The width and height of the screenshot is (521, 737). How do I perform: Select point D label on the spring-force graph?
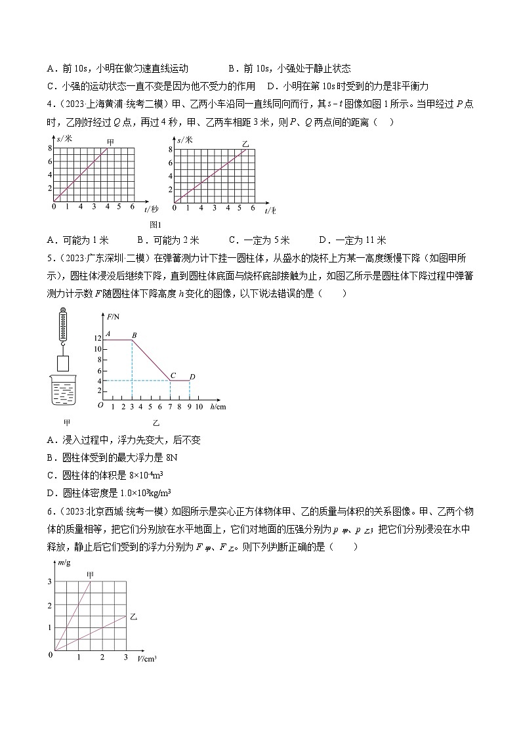click(192, 375)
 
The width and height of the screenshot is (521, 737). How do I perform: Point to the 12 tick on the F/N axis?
click(97, 339)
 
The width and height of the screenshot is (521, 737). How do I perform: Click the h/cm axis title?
click(219, 407)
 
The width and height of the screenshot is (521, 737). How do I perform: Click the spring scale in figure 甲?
click(63, 324)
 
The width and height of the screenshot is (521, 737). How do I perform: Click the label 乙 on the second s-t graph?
click(245, 143)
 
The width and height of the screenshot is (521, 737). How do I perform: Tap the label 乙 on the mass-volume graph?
click(133, 617)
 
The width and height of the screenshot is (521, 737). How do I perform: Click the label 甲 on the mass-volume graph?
click(90, 575)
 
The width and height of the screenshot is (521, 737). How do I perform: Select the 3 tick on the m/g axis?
click(49, 581)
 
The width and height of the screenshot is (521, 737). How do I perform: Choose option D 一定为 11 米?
click(352, 240)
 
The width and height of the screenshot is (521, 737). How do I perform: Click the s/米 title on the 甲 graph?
click(64, 139)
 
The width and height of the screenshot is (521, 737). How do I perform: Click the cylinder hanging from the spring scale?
click(64, 362)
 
